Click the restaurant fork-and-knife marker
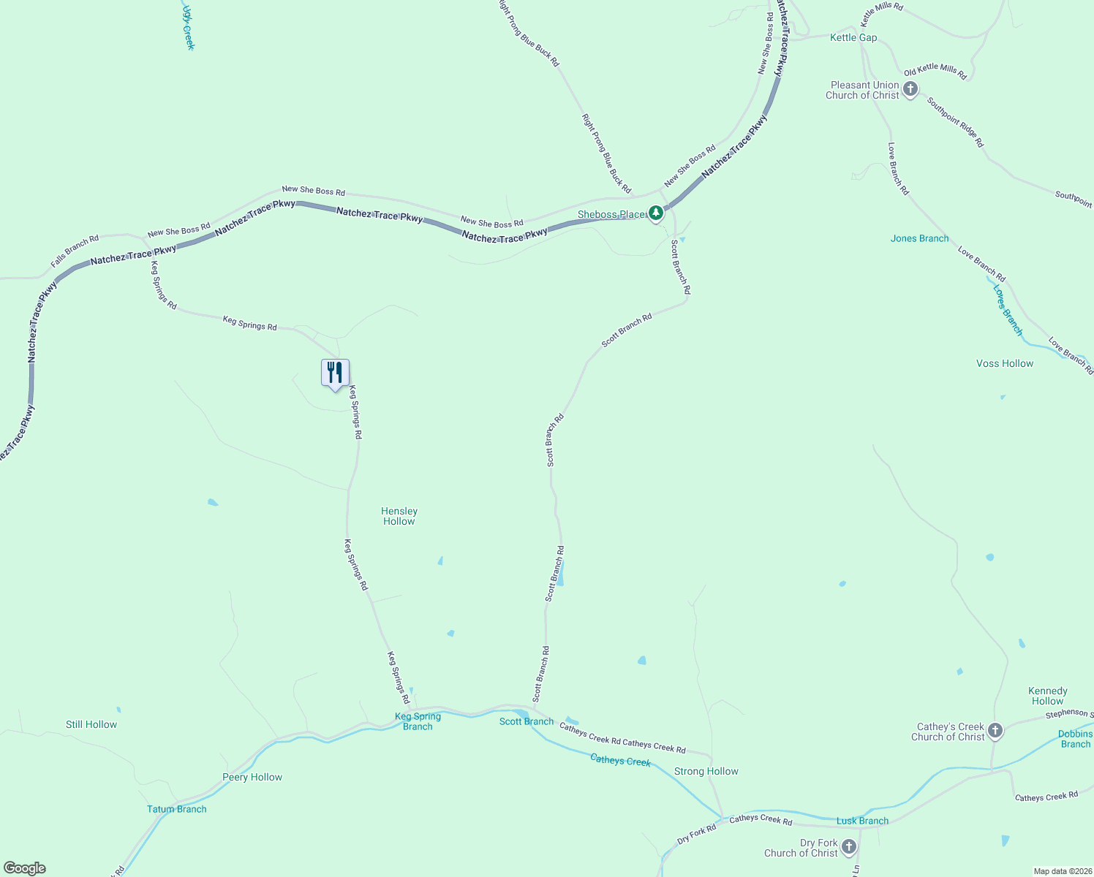pos(335,373)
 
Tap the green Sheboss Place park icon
pos(656,213)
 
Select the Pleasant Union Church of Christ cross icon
pos(910,90)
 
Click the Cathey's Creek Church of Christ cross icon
pos(995,731)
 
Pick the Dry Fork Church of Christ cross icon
pos(848,847)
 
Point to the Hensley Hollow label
pos(399,516)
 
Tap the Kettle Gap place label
pos(853,37)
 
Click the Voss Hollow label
pos(1005,363)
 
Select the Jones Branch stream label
pos(919,238)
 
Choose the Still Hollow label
pos(91,724)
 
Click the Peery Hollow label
pos(252,777)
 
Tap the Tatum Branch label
pos(177,809)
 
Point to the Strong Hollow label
pos(706,771)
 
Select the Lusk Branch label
pos(862,821)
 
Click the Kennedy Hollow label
pos(1047,696)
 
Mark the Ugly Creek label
pos(189,28)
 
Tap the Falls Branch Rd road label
pos(75,251)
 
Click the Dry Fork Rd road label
pos(696,835)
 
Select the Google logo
pos(24,868)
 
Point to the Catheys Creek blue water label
pos(620,761)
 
